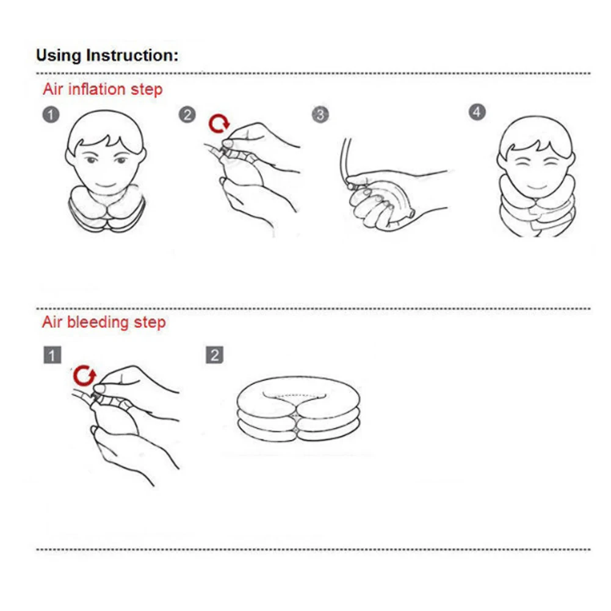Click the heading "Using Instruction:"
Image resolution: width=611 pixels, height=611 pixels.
pyautogui.click(x=107, y=56)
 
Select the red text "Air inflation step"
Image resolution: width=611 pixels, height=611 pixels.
pyautogui.click(x=103, y=89)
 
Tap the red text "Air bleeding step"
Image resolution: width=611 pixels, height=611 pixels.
pyautogui.click(x=104, y=322)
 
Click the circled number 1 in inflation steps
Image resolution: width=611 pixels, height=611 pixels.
pyautogui.click(x=51, y=115)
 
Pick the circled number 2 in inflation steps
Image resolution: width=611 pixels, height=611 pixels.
pyautogui.click(x=187, y=115)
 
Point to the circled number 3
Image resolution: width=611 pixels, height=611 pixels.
pyautogui.click(x=320, y=115)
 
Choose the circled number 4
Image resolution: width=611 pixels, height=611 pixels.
pyautogui.click(x=477, y=112)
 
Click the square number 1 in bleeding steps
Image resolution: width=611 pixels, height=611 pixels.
pyautogui.click(x=52, y=355)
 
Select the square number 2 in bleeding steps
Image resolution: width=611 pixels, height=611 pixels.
pyautogui.click(x=215, y=355)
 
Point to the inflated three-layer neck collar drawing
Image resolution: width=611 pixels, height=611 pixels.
pyautogui.click(x=298, y=409)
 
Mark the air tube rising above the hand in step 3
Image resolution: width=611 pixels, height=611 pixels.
pyautogui.click(x=344, y=160)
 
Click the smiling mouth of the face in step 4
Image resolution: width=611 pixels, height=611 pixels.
pyautogui.click(x=537, y=186)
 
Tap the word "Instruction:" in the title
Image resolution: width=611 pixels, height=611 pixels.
pyautogui.click(x=132, y=56)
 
